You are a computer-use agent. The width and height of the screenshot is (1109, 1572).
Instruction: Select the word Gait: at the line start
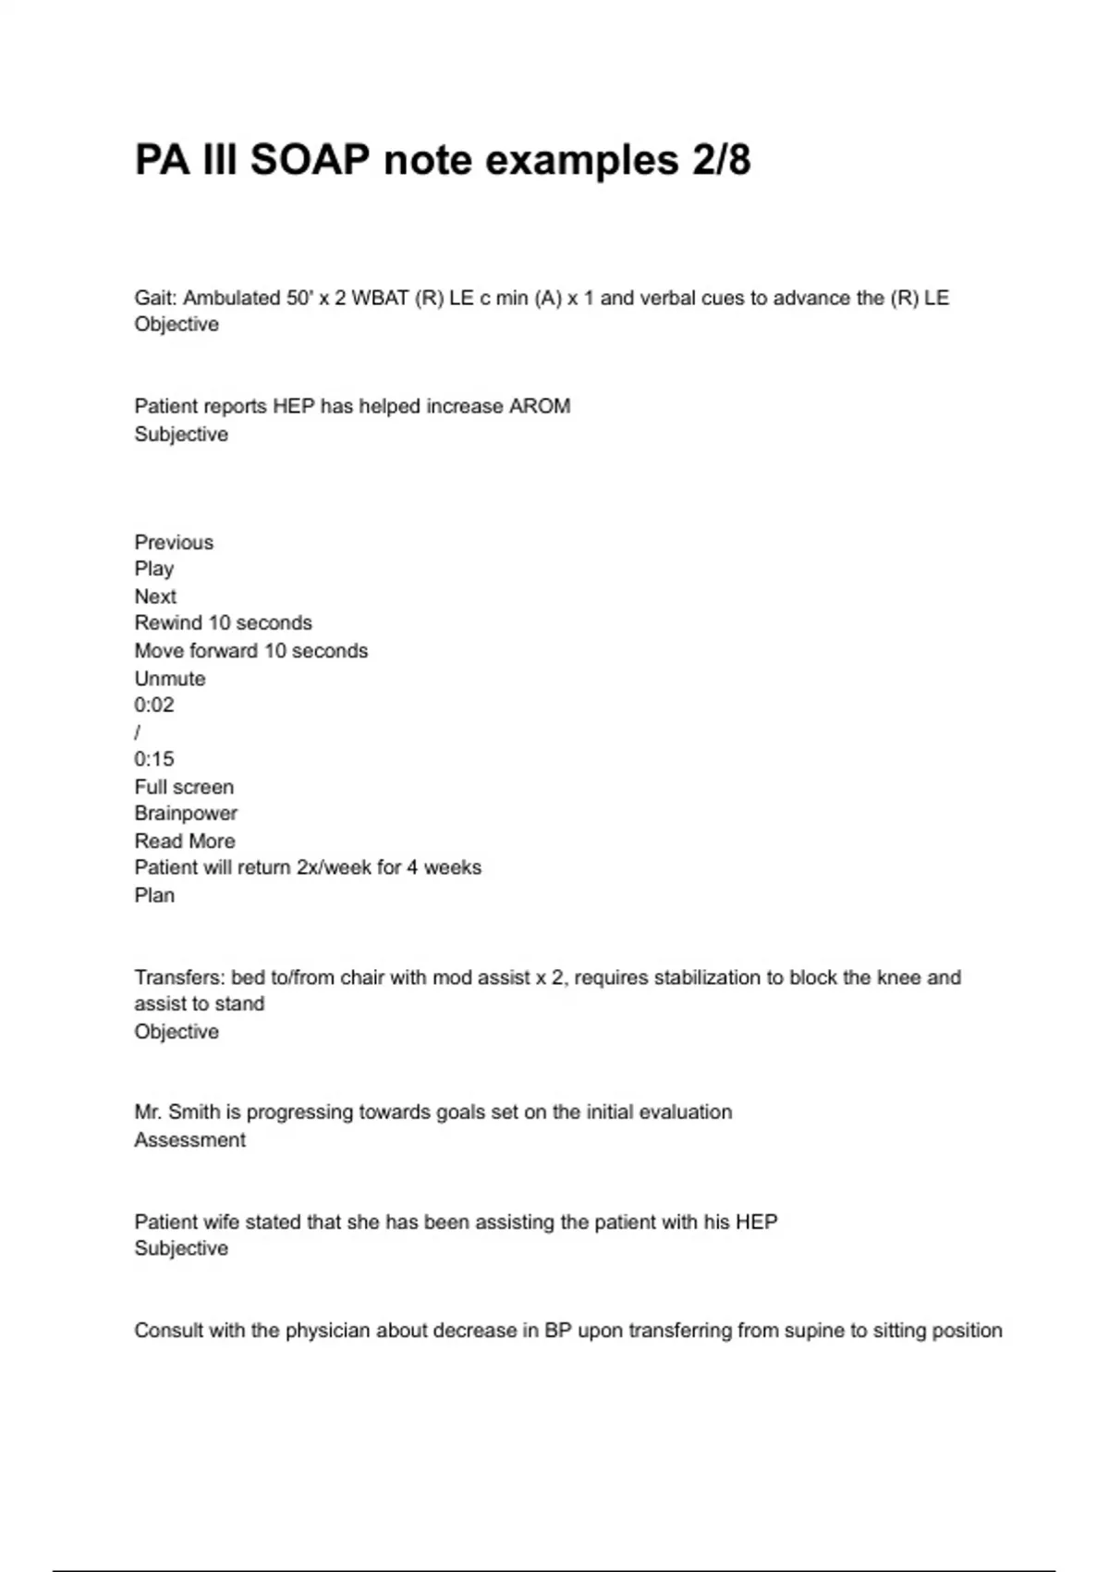coord(156,298)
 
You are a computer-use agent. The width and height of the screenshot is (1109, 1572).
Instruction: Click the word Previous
coord(174,542)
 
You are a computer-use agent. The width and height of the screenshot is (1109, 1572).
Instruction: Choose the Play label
coord(153,569)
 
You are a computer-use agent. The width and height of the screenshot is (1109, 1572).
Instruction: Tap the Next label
coord(155,596)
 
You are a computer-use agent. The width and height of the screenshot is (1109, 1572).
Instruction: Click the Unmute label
coord(170,678)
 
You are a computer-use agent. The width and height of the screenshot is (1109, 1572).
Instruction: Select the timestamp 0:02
coord(153,705)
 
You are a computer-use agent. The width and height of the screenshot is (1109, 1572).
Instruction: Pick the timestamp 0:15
coord(153,759)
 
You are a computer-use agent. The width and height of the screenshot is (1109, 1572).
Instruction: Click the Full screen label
coord(184,787)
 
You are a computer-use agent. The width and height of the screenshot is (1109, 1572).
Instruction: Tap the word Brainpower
coord(186,814)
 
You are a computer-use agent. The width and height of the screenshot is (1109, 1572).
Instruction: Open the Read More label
coord(185,841)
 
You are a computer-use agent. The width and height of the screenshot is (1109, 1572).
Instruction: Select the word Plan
coord(154,895)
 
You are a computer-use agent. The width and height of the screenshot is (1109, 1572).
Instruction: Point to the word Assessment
coord(190,1139)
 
